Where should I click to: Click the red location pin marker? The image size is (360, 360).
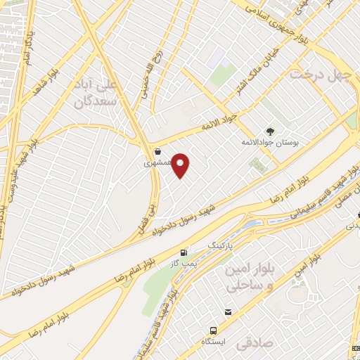[x=181, y=165]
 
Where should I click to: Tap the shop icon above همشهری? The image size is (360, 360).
[x=157, y=151]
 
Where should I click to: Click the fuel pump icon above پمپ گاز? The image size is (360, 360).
[x=184, y=252]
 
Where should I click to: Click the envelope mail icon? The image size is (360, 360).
[x=228, y=312]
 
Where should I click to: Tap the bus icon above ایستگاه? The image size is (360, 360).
[x=213, y=330]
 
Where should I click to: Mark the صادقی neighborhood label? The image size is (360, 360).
[x=252, y=345]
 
